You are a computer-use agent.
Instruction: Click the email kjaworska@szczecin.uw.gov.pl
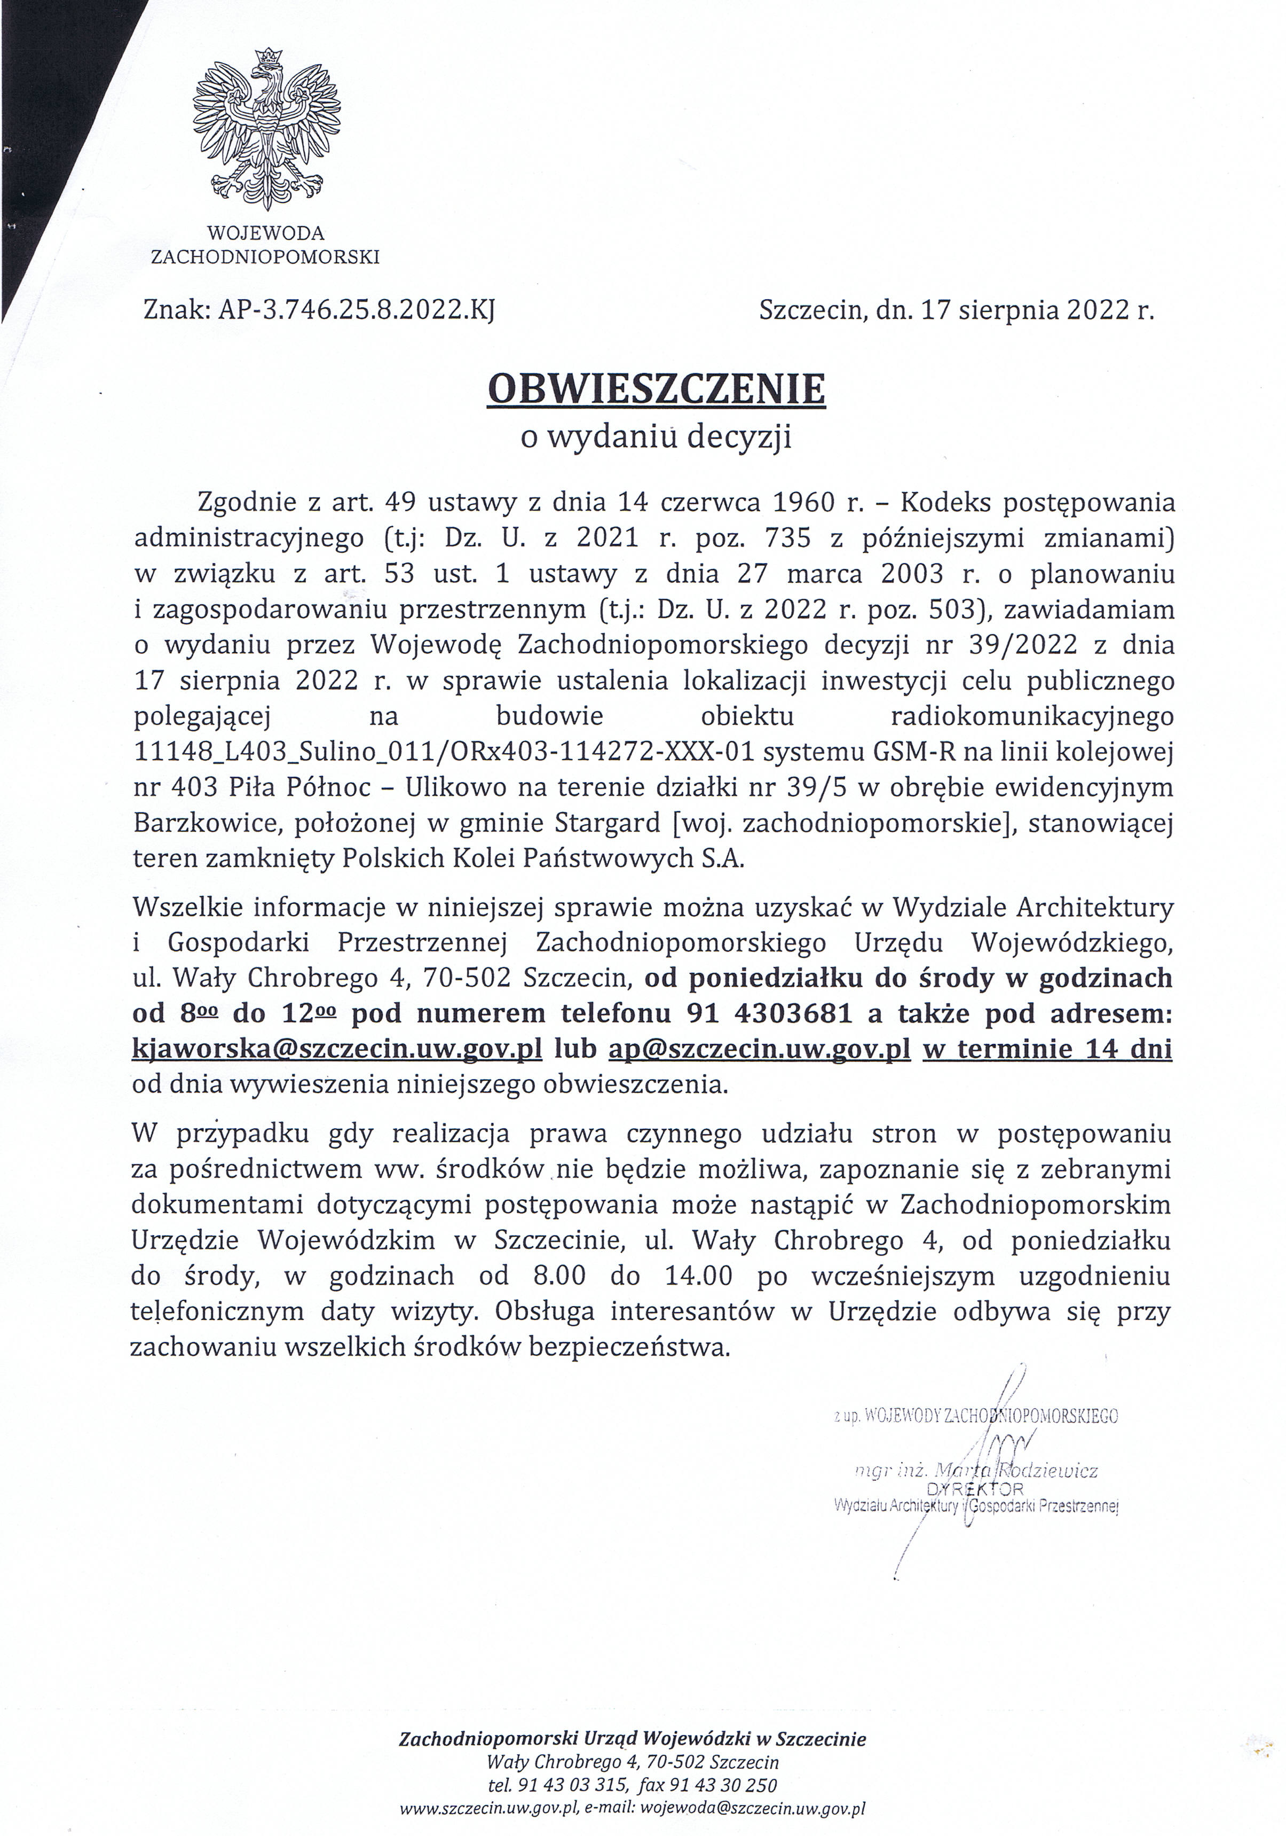[337, 1049]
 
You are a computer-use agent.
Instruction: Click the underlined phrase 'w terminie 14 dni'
[1047, 1049]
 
